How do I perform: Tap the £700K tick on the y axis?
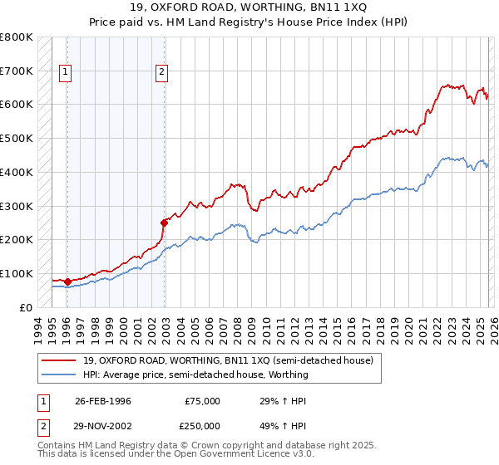(17, 71)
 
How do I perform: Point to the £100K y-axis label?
(17, 273)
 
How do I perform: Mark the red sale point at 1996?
(67, 281)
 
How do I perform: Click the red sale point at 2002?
(164, 222)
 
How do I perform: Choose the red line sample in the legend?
(60, 360)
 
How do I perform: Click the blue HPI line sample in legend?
(60, 374)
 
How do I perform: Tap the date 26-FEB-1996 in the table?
(103, 401)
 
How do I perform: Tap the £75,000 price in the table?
(202, 401)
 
